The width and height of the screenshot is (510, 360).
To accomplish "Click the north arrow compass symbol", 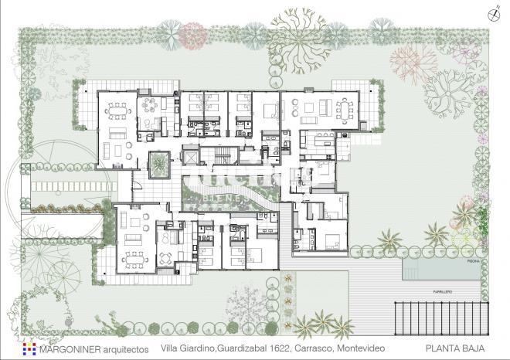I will click(x=491, y=13).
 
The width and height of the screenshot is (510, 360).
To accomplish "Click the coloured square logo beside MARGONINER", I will click(x=29, y=349).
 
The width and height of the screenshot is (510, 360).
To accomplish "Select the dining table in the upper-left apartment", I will click(x=119, y=108).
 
